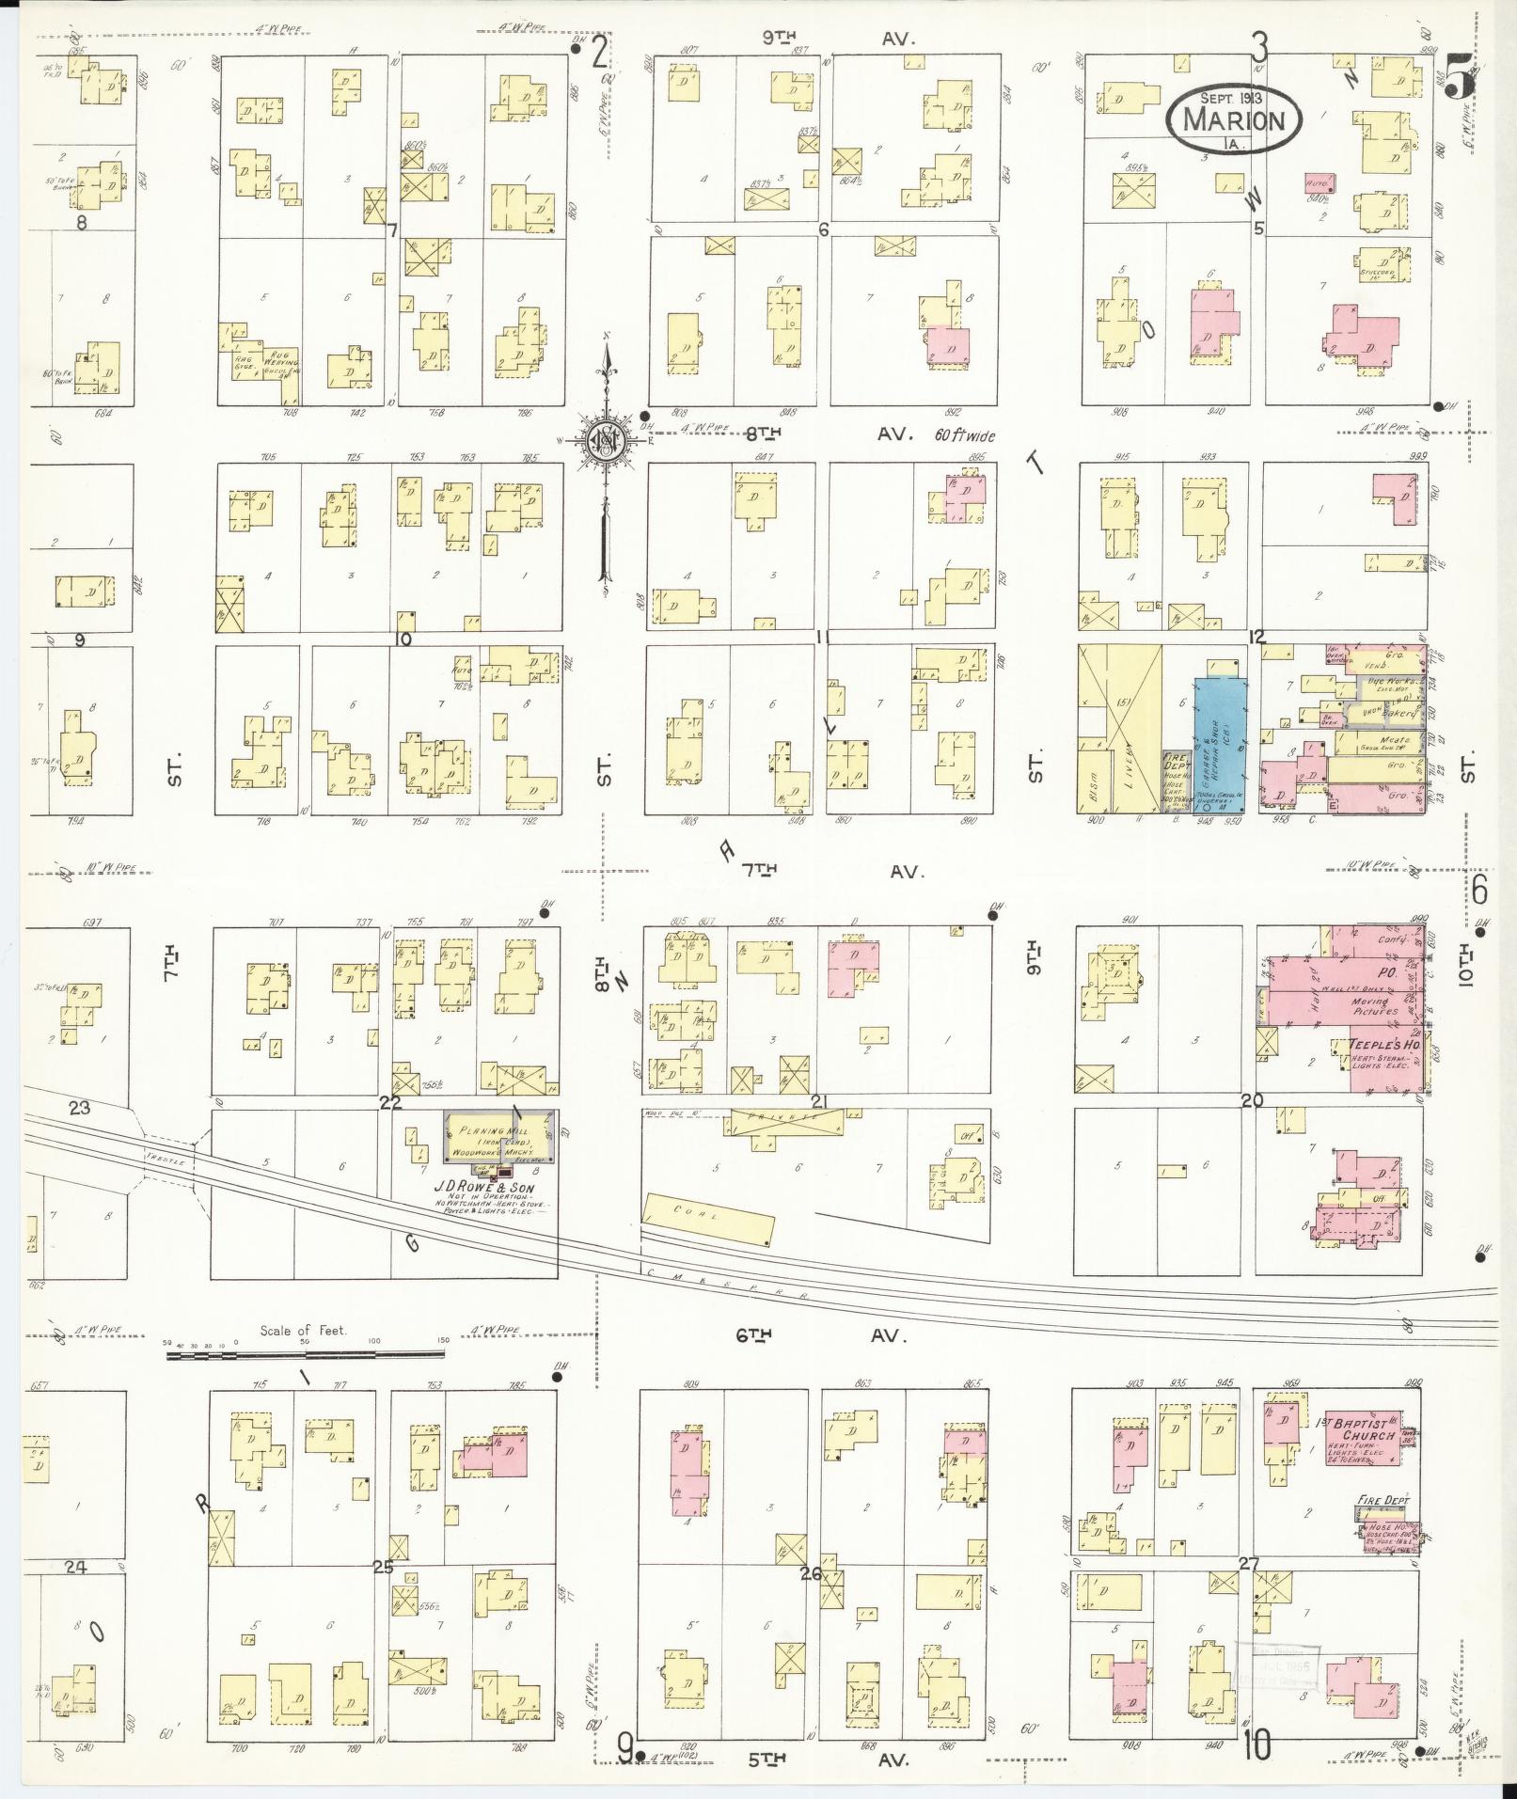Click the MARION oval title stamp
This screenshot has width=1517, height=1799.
click(1234, 119)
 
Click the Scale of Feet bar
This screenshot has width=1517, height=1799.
click(304, 1355)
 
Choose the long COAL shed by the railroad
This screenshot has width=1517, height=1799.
click(708, 1219)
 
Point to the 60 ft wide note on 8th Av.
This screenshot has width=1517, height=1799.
click(964, 436)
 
